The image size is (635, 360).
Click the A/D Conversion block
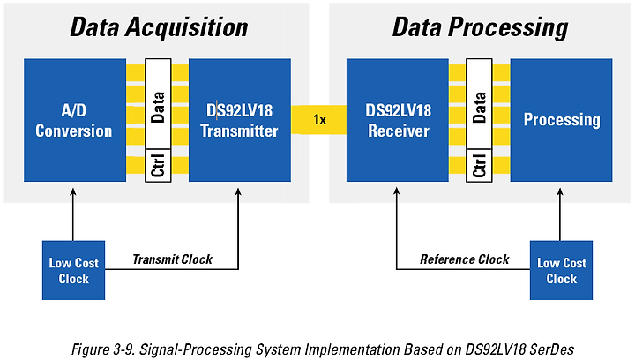[x=75, y=120]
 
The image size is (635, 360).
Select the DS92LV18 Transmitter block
[x=240, y=120]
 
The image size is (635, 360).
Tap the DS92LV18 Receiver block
[x=397, y=120]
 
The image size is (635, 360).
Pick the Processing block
[x=561, y=120]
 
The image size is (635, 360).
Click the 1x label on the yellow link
[x=319, y=120]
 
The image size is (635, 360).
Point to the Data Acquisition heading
[x=159, y=27]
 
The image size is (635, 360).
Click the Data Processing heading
[x=480, y=27]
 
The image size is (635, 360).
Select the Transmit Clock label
[x=173, y=259]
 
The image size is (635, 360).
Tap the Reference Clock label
[x=465, y=259]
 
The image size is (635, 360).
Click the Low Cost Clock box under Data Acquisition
[x=74, y=270]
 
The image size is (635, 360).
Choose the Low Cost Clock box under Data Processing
[x=561, y=270]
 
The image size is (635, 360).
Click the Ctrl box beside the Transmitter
[x=158, y=165]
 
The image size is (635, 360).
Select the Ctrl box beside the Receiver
[x=479, y=165]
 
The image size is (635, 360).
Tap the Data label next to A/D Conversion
[x=158, y=108]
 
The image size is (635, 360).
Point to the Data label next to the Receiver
[x=479, y=108]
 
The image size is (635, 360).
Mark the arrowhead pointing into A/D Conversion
[x=73, y=191]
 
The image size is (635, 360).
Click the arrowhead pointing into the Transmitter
[x=238, y=191]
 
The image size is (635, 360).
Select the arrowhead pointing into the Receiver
[x=397, y=191]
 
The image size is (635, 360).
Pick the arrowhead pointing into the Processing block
[x=560, y=191]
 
